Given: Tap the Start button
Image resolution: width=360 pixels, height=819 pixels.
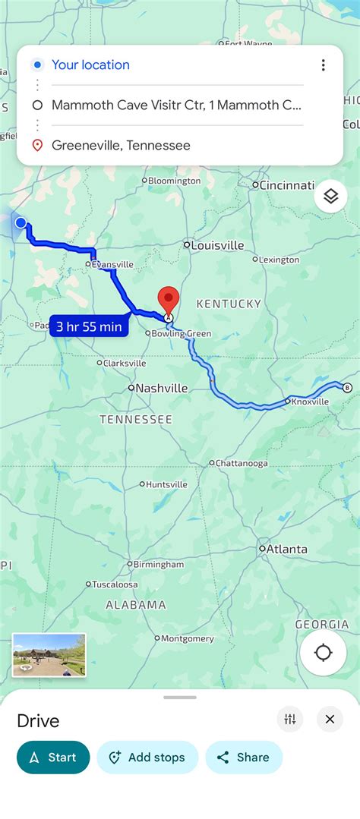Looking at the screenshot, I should point(53,757).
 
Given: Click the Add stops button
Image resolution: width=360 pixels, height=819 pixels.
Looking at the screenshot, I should point(147,757).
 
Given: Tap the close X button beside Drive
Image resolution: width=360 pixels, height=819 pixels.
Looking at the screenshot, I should point(330,719).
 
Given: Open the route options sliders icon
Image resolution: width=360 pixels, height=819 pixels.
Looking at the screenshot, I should point(289,719).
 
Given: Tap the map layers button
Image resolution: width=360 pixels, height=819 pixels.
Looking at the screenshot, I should point(330,196).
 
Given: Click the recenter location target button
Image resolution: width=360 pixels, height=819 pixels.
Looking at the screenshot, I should point(324,652).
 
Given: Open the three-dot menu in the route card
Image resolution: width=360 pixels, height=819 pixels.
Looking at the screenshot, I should point(323,65).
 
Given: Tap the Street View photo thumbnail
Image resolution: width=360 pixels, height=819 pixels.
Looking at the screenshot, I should point(49,654).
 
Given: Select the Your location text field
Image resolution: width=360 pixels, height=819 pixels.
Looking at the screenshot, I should point(91,65).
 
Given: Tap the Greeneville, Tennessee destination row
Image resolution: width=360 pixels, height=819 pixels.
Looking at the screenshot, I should point(121,145).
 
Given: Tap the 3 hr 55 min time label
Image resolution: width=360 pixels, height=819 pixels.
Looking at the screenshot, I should point(89,326).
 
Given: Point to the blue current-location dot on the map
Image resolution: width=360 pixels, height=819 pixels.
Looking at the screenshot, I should point(21,222).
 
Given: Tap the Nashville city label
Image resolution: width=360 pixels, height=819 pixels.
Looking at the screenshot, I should point(161,388).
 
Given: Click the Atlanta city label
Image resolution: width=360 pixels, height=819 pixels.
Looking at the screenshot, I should point(286,549).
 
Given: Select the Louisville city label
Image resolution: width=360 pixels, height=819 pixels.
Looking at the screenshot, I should point(216,245).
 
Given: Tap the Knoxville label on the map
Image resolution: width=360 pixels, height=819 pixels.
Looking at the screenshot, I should point(310,402).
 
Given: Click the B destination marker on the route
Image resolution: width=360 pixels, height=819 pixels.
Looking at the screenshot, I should point(348,388).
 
